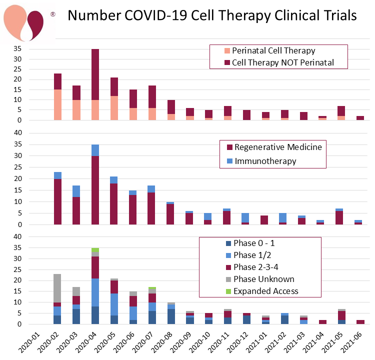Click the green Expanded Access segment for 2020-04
click(95, 250)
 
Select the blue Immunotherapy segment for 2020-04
click(95, 150)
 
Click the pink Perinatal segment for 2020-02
click(57, 105)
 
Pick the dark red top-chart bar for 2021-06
click(360, 118)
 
